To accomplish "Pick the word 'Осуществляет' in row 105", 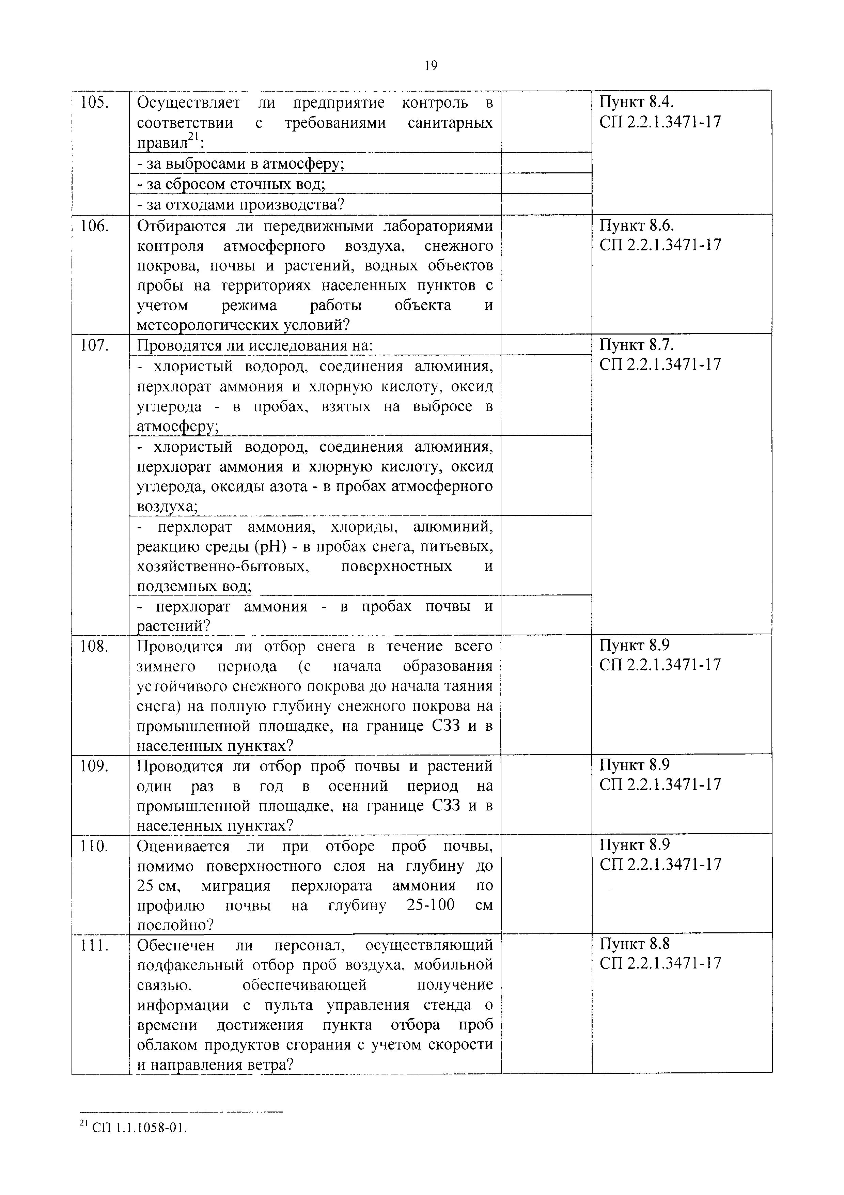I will [x=188, y=103].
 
